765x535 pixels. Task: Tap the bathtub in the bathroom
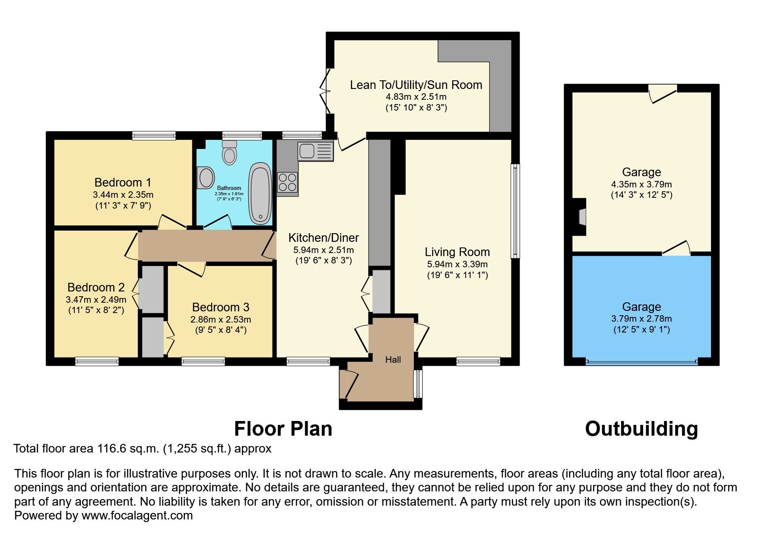coord(260,193)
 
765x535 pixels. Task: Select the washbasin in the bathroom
coord(206,177)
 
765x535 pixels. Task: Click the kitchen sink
coord(315,151)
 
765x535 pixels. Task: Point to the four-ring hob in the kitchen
coord(287,182)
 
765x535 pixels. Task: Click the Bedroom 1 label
coord(123,182)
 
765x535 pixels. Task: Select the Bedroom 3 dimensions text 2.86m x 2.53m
coord(220,320)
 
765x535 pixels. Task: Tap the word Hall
coord(393,360)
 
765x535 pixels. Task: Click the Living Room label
coord(457,252)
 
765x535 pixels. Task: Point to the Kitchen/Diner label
coord(324,237)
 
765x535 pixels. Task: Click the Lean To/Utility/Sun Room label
coord(416,85)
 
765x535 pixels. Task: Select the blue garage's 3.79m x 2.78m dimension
coord(641,319)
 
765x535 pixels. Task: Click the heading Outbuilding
coord(641,429)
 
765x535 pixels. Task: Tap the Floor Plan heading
coord(283,429)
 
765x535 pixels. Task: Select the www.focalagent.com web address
coord(137,515)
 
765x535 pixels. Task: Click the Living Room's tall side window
coord(515,211)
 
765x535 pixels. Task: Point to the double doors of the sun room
coord(324,91)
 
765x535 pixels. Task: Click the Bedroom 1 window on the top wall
coord(154,136)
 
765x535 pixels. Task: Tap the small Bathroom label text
coord(229,188)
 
